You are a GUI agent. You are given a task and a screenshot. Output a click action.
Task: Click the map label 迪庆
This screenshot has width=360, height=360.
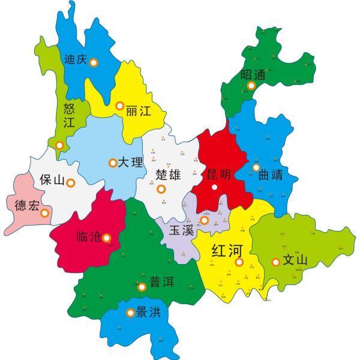click(x=75, y=60)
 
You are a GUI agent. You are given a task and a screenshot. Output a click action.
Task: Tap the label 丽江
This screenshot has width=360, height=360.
click(x=137, y=110)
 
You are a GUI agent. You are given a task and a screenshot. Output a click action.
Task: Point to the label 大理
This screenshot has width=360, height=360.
click(x=130, y=163)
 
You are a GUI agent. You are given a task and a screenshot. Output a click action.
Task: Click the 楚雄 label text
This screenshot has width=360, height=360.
click(x=167, y=175)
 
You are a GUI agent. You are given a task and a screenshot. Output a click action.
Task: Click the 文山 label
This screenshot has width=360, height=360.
click(x=295, y=261)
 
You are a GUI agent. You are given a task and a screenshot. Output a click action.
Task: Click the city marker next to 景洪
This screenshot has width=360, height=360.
click(x=131, y=312)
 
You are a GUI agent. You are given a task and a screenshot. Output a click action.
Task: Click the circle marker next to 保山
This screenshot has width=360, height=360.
click(x=71, y=183)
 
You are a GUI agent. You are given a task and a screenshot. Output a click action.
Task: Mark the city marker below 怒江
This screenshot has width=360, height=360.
click(x=59, y=145)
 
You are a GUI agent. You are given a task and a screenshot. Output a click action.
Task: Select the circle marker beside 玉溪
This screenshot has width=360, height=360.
click(x=204, y=221)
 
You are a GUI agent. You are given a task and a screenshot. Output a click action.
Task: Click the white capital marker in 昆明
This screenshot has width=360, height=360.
click(x=214, y=188)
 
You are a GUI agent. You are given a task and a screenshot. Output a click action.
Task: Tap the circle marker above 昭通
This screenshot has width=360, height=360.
click(x=251, y=86)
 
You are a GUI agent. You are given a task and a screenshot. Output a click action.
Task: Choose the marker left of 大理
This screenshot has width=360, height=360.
click(x=112, y=163)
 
